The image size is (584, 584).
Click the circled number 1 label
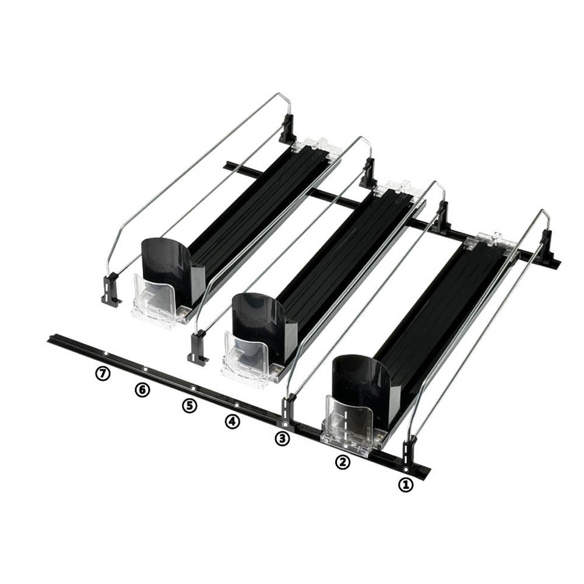[405, 485]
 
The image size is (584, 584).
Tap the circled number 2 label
[343, 462]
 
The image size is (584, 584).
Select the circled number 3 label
[282, 438]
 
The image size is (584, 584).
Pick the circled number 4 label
[232, 421]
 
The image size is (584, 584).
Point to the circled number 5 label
[190, 405]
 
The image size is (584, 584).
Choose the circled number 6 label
[142, 389]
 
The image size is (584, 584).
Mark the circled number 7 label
[102, 374]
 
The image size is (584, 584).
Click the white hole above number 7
[105, 353]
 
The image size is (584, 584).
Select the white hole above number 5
[193, 388]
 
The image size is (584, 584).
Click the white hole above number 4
[236, 405]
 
